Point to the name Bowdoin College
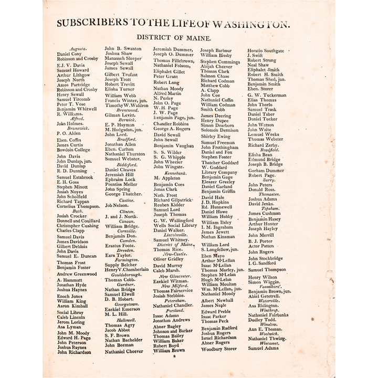pos(73,150)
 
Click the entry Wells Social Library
pos(175,225)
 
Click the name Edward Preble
pos(216,311)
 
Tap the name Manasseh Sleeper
pos(123,58)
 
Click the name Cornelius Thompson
pos(78,206)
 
